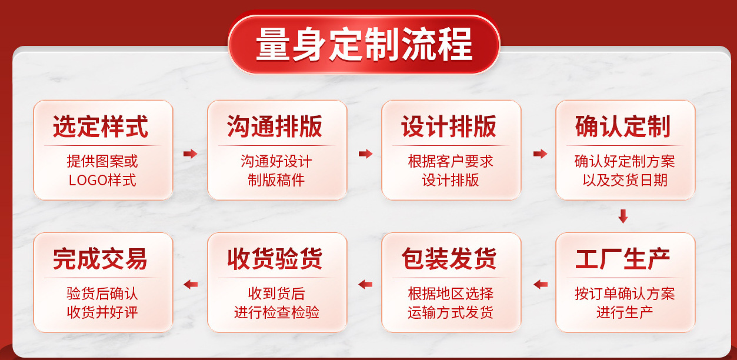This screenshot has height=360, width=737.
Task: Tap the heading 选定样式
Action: coord(101,127)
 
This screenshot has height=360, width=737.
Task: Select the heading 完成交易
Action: coord(101,259)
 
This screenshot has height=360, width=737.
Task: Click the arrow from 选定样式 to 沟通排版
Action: coord(190,154)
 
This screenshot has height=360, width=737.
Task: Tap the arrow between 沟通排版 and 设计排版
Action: coord(365,154)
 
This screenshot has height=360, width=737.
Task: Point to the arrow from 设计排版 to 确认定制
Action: coord(540,154)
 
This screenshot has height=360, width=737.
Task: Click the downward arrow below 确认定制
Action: coord(623,216)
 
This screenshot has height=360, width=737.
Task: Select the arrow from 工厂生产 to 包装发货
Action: coord(540,285)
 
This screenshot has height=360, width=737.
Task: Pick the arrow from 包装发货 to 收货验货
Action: coord(365,285)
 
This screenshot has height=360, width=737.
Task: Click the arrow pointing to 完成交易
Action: coord(190,285)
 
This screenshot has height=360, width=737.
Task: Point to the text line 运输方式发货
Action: coord(451,312)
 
